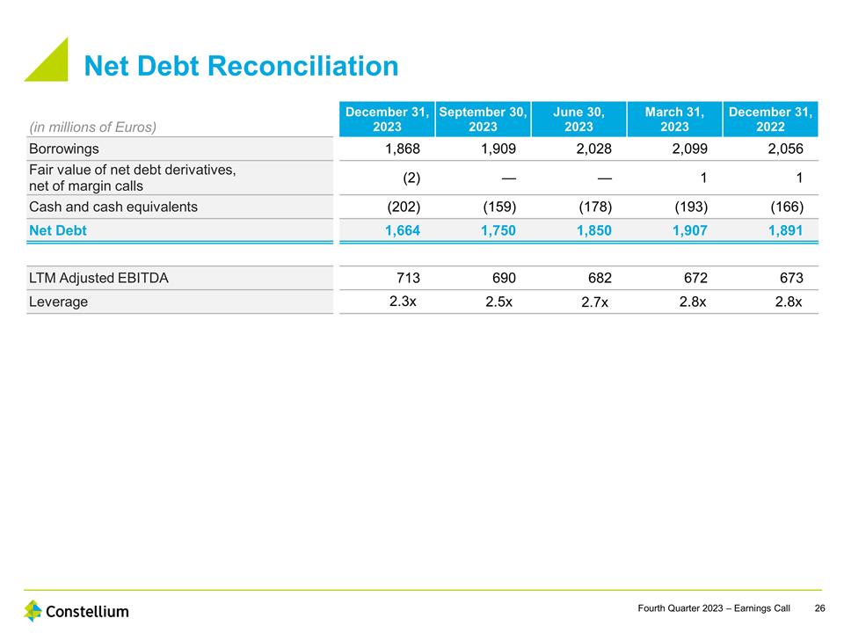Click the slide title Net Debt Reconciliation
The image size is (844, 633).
[241, 66]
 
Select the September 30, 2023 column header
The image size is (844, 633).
[483, 119]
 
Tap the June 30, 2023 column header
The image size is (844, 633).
[578, 119]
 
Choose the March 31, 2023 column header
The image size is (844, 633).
[674, 119]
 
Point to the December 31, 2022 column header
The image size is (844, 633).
[770, 119]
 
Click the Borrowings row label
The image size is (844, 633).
[64, 149]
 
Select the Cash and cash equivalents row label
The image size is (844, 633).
[113, 207]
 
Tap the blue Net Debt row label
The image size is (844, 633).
[58, 231]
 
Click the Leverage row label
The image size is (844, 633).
[59, 302]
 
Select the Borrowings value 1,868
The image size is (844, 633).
[403, 149]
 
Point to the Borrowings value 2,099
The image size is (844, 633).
[689, 149]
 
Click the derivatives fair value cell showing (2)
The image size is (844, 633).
[411, 178]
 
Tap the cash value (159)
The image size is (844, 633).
[499, 207]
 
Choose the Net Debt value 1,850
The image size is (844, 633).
[594, 231]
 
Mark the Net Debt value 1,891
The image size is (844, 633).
[785, 231]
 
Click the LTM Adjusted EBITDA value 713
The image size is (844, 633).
[409, 278]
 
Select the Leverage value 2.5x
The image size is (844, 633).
[499, 302]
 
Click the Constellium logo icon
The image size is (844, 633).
[33, 610]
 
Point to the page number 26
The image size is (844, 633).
[819, 608]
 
